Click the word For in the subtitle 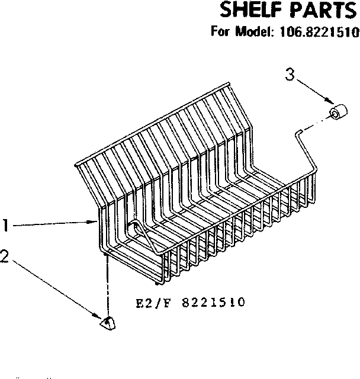coord(221,33)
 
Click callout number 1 coord(5,225)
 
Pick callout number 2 coord(5,256)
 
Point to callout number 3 coord(289,75)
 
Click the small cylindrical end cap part coord(339,113)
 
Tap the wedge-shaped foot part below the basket coord(108,323)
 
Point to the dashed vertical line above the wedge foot coord(107,284)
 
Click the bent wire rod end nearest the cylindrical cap coord(300,130)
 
